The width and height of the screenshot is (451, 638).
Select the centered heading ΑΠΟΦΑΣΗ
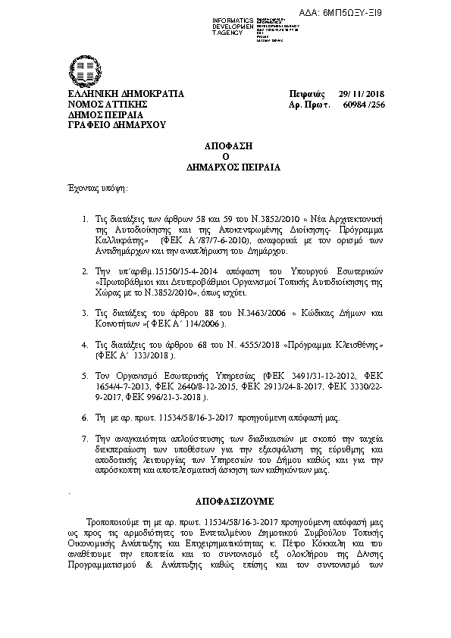tap(225, 144)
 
